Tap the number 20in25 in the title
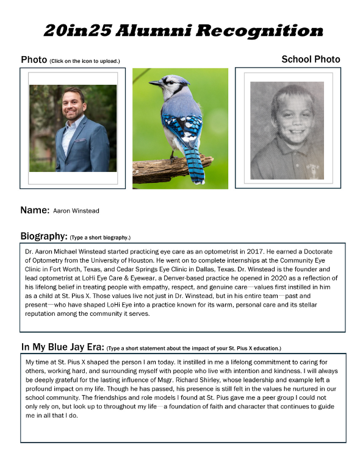coord(80,30)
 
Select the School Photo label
coord(311,59)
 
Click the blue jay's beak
coord(152,82)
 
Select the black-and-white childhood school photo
coord(284,130)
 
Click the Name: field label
coord(35,210)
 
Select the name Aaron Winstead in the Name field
coord(76,211)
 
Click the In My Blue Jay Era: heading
coord(63,347)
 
